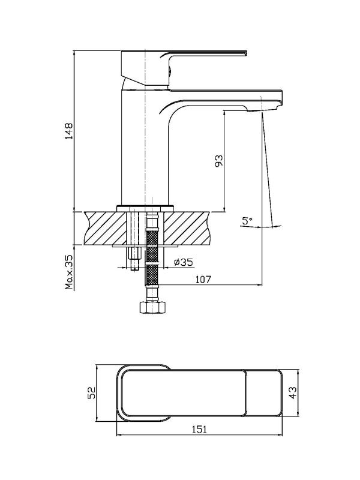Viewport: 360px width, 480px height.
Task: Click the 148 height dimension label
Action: (70, 131)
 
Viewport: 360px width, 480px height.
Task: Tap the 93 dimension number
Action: (219, 161)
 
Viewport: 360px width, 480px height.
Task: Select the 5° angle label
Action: (247, 220)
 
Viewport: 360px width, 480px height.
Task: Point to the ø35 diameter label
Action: (183, 262)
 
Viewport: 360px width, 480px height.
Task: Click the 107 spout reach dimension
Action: (203, 279)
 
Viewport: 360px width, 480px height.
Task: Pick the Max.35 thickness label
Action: (69, 272)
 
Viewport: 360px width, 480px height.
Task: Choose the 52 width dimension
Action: (92, 393)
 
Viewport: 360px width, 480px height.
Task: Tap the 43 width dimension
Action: (293, 393)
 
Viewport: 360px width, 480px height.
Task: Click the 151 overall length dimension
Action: (199, 429)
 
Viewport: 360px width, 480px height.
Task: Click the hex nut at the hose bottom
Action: (153, 307)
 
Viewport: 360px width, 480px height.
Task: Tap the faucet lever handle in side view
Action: (184, 67)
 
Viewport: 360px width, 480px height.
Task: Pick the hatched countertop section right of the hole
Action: (187, 228)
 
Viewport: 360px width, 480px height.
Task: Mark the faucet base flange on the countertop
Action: (145, 208)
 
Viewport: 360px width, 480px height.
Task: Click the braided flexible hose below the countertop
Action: (152, 257)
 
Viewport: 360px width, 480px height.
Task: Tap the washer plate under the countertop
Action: (145, 245)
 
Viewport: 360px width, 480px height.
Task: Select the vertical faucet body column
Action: (145, 147)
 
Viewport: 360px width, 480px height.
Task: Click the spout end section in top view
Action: (264, 393)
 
